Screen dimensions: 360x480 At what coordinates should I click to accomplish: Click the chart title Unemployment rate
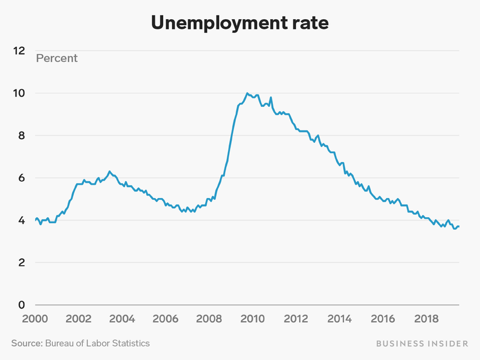pos(239,22)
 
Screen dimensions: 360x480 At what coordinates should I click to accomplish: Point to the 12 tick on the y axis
pos(20,51)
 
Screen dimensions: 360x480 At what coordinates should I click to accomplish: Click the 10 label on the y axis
pos(20,93)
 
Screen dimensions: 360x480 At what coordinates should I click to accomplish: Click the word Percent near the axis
pos(57,58)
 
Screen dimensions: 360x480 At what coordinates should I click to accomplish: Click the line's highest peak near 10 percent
pos(247,93)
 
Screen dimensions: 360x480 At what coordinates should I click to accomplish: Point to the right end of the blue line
pos(459,226)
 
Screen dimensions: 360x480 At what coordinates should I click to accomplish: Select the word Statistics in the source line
pos(128,343)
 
